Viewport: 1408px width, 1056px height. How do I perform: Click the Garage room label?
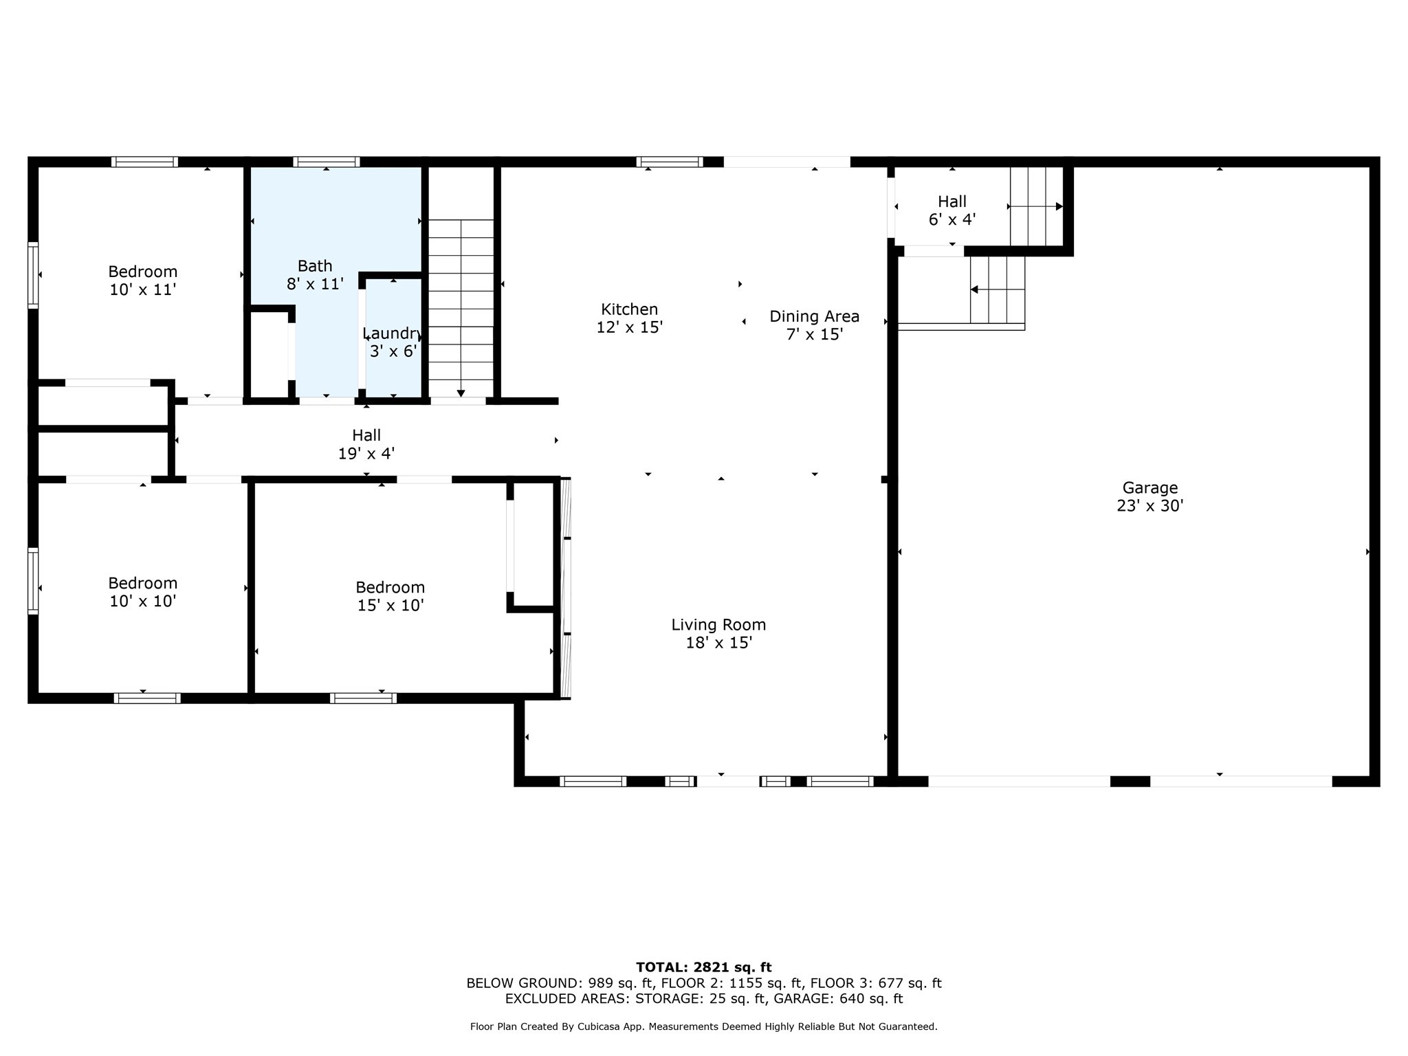tap(1150, 487)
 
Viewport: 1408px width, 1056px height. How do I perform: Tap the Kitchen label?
tap(629, 309)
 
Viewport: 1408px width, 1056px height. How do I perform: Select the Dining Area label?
tap(814, 316)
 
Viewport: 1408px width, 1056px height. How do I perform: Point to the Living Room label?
tap(718, 625)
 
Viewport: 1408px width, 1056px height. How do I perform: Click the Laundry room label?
tap(393, 333)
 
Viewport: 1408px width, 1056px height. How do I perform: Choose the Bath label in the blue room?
tap(315, 266)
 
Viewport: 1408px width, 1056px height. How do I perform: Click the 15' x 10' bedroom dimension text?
tap(390, 606)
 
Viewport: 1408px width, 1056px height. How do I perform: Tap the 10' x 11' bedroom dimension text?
tap(143, 290)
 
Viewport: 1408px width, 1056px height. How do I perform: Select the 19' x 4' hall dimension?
tap(366, 454)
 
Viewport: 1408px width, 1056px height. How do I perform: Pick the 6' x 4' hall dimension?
tap(952, 220)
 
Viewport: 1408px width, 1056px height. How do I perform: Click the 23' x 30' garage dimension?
tap(1150, 506)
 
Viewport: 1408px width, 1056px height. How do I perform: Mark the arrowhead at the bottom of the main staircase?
tap(461, 393)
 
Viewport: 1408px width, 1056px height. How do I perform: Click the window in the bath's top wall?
tap(327, 162)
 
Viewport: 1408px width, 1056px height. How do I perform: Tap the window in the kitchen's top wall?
tap(670, 162)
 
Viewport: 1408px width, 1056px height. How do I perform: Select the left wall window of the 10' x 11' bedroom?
tap(33, 275)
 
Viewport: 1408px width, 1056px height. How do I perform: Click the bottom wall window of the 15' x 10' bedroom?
tap(363, 698)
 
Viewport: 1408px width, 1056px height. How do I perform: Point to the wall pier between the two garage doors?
tap(1130, 781)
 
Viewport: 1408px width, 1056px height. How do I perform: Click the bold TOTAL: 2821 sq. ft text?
tap(704, 967)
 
